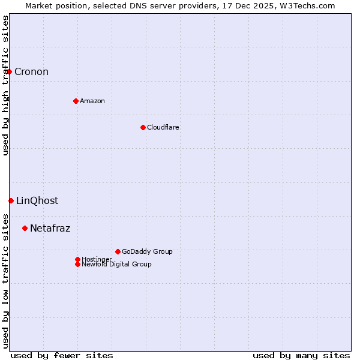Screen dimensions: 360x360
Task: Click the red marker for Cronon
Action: (x=9, y=72)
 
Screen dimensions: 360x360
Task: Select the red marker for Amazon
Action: (x=76, y=101)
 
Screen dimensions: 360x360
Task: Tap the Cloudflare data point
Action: (x=143, y=127)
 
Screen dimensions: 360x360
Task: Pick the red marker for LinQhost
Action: (x=11, y=200)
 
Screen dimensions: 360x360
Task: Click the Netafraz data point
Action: (x=25, y=228)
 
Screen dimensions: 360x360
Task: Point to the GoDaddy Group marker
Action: (x=118, y=251)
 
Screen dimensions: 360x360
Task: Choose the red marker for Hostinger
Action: (x=77, y=259)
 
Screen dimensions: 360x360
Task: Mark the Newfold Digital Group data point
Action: (x=77, y=264)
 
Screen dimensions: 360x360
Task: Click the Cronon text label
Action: (x=31, y=72)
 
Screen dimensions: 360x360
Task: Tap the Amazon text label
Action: (x=92, y=101)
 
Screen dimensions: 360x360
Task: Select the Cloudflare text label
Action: (x=163, y=127)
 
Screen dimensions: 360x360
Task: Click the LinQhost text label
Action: (x=37, y=200)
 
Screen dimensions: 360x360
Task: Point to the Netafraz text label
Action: (x=50, y=228)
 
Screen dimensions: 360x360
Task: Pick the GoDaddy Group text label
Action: (x=147, y=251)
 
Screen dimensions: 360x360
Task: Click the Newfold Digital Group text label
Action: (x=116, y=264)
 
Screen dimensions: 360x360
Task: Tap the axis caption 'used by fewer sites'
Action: (x=62, y=355)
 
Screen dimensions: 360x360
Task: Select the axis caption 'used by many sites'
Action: (x=301, y=355)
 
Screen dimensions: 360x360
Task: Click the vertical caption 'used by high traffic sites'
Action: (x=5, y=85)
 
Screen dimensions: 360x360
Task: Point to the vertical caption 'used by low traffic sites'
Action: (x=5, y=280)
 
